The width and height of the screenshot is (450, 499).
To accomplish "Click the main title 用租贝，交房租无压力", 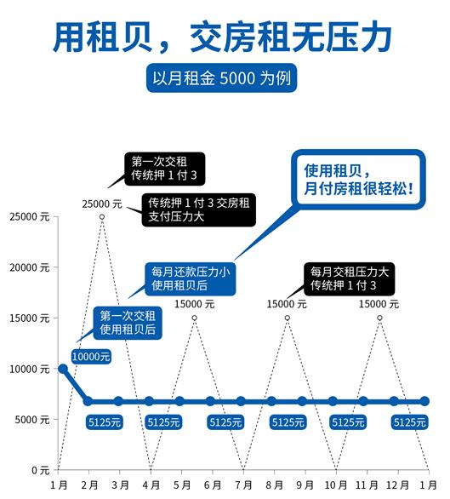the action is click(223, 37).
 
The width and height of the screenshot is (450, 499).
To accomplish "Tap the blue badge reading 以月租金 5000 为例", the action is click(222, 78).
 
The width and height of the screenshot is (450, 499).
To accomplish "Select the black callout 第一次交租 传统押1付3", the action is click(165, 169).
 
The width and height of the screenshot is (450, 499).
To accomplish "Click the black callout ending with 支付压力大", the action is click(199, 209).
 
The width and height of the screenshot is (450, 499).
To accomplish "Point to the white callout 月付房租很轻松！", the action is click(359, 180).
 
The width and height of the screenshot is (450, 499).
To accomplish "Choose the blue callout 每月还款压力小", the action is click(191, 278).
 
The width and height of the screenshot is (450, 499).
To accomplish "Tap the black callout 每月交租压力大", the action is click(349, 278).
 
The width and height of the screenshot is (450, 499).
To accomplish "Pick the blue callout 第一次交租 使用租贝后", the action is click(128, 323).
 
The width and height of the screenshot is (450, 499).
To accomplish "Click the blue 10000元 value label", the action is click(91, 357).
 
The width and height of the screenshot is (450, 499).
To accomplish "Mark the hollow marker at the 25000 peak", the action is click(102, 217).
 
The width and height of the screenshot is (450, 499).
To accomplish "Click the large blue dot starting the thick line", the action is click(63, 369).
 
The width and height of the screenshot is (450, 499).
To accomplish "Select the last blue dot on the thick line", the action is click(424, 401).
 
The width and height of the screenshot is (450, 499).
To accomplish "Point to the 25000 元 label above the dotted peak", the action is click(102, 204).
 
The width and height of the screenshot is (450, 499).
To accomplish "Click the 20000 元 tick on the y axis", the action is click(30, 267).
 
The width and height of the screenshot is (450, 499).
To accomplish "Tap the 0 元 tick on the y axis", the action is click(41, 470).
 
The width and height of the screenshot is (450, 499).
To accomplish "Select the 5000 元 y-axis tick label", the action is click(32, 420).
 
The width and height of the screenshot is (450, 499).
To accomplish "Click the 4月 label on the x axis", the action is click(151, 485).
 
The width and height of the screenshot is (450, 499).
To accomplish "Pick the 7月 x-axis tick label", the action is click(243, 485).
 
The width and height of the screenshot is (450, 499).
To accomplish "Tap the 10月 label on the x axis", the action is click(336, 485).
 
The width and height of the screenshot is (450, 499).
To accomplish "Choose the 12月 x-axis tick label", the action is click(397, 485).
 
